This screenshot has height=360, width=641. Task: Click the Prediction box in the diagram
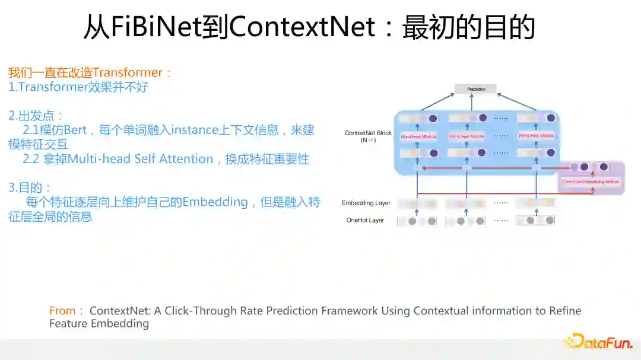coord(476,89)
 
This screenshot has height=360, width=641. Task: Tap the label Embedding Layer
coord(366,203)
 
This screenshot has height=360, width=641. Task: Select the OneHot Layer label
coord(365,220)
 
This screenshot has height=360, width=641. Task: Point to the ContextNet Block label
coord(368,133)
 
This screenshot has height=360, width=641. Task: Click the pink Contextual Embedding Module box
coord(591,181)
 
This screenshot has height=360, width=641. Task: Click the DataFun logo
coord(598,342)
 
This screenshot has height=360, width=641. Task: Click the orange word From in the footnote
coord(62,311)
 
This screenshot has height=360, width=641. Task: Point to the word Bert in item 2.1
coord(75,130)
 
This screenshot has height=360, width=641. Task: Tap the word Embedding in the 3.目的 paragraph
coord(214,202)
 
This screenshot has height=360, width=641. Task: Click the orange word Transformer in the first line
coord(127,73)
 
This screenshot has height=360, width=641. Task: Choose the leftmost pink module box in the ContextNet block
coord(417,136)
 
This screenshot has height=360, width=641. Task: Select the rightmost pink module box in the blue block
coord(536,136)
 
